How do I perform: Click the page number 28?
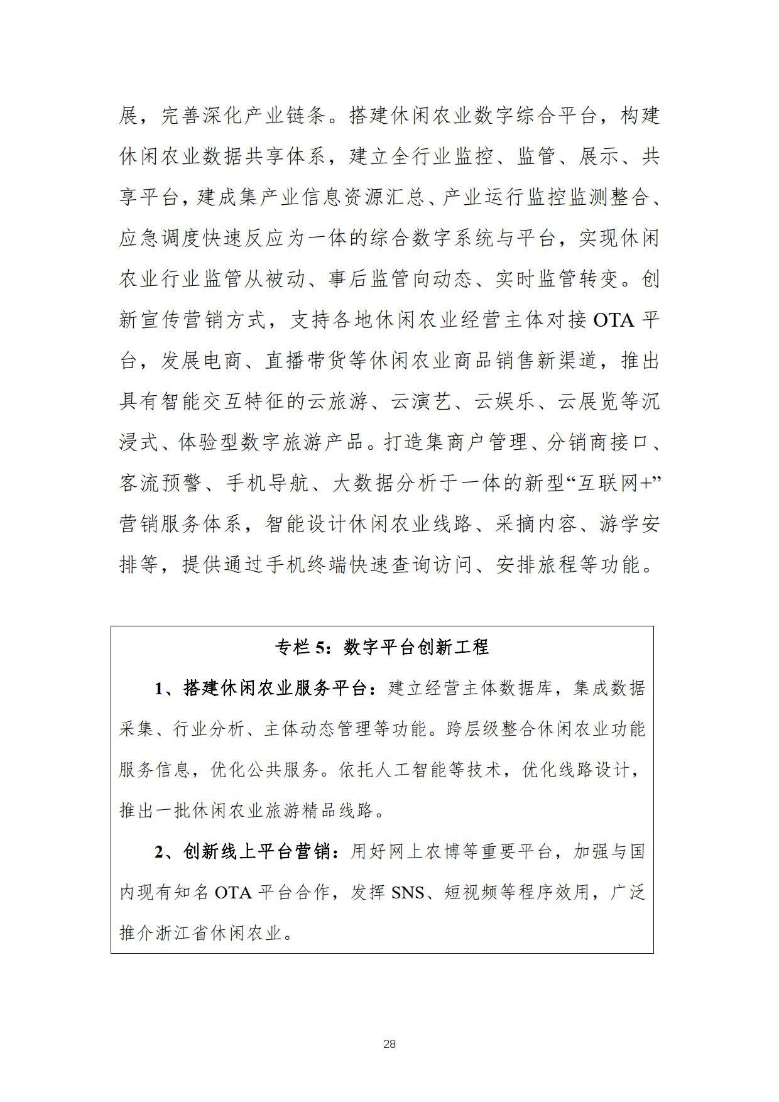pyautogui.click(x=389, y=1044)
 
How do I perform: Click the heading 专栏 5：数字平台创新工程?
pyautogui.click(x=382, y=647)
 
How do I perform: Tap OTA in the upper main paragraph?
pyautogui.click(x=614, y=320)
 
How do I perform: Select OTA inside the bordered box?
pyautogui.click(x=233, y=893)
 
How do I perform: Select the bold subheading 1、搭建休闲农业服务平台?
pyautogui.click(x=261, y=689)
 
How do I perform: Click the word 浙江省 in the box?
pyautogui.click(x=183, y=934)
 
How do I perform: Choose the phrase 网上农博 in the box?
pyautogui.click(x=416, y=852)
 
